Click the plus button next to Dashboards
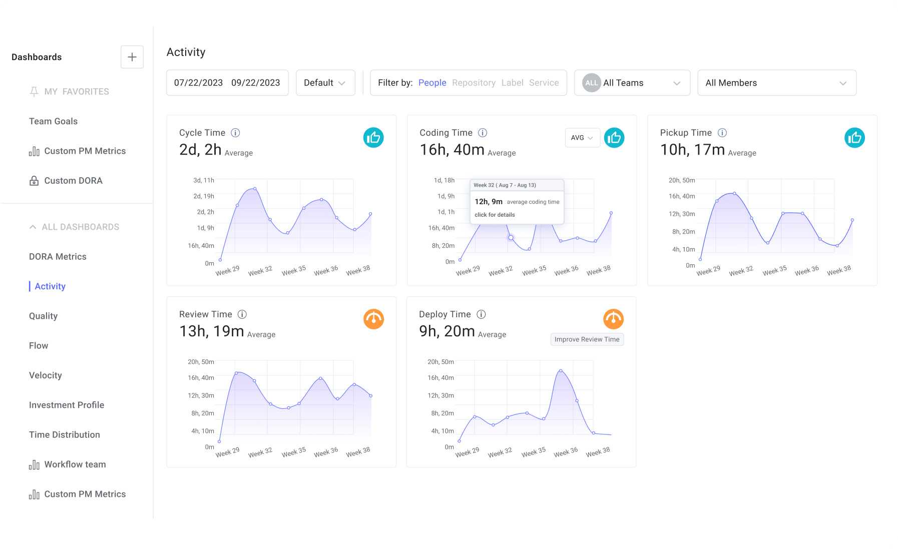[132, 57]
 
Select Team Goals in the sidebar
[53, 121]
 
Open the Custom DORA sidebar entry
[73, 181]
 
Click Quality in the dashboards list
[43, 316]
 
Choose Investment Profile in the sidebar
[67, 405]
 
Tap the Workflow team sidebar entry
[75, 464]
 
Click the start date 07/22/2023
[198, 83]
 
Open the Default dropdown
[325, 83]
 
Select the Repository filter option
[474, 83]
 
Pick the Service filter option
[544, 83]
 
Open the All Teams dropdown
[632, 83]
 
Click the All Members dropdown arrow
[843, 83]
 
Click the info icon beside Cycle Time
[235, 133]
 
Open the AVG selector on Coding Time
[582, 138]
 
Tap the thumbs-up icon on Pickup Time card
[854, 138]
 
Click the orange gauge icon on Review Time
[373, 319]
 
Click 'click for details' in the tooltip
[495, 215]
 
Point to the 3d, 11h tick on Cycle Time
[204, 180]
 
